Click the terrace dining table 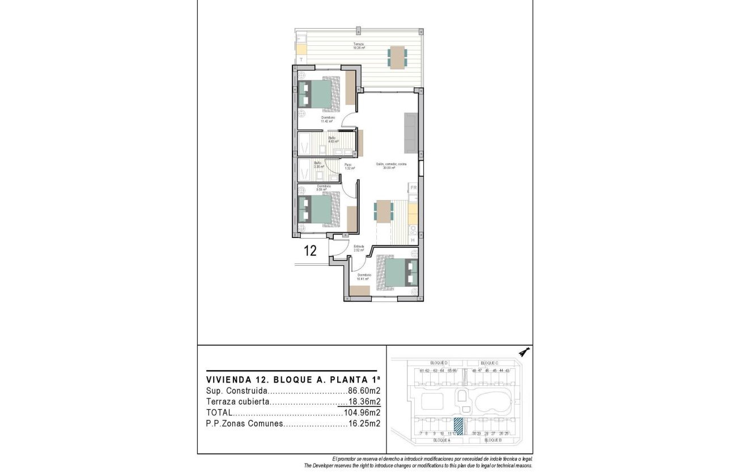(397, 57)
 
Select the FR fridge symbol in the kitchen (413, 187)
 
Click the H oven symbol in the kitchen (413, 240)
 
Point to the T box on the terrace (301, 59)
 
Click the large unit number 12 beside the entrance (310, 251)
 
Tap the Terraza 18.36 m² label (358, 46)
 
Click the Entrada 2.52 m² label (359, 248)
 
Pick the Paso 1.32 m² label (349, 166)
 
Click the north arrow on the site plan (524, 352)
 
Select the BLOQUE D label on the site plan (439, 363)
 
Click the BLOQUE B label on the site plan (493, 440)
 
